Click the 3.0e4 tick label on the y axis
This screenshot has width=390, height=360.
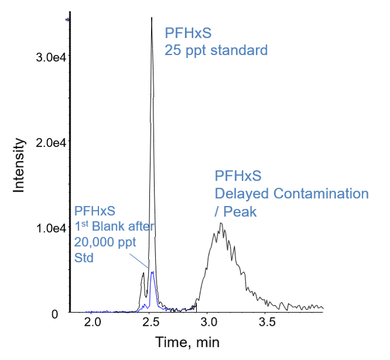coord(49,57)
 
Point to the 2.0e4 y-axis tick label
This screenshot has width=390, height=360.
coord(49,142)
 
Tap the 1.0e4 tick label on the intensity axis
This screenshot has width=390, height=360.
coord(49,228)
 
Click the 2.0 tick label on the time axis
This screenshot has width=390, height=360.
coord(92,323)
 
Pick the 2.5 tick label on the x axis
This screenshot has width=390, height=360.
coord(151,323)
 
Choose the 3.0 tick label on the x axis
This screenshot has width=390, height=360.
coord(209,323)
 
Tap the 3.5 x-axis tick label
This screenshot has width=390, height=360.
coord(267,323)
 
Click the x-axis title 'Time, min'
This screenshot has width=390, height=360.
coord(187,342)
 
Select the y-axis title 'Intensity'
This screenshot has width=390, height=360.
coord(20,165)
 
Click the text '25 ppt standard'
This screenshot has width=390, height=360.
coord(216,50)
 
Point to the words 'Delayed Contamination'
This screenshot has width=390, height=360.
coord(291,194)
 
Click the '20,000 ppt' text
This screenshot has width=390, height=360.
coord(105,242)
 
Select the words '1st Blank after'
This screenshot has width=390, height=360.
coord(114,226)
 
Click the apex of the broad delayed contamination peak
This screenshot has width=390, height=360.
coord(220,224)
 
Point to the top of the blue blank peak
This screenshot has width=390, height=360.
coord(152,272)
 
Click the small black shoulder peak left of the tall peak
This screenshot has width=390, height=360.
coord(143,273)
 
